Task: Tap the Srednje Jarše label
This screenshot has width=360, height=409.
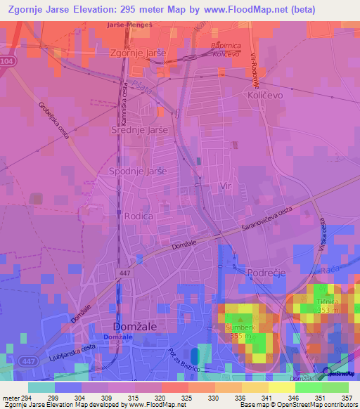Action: point(139,130)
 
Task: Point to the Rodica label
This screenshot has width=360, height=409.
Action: point(138,216)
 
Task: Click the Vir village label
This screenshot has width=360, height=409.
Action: point(226,186)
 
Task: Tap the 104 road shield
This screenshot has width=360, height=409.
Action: point(6,62)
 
